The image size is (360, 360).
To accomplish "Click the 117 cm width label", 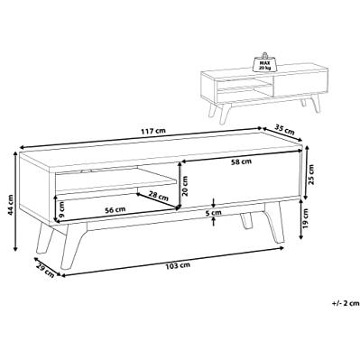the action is pos(152,131).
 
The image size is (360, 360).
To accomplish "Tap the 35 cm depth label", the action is pos(285,131).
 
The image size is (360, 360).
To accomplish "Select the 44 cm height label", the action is pos(10,205).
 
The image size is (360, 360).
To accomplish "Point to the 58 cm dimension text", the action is pos(241,162).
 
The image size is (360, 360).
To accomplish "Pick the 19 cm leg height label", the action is pos(306,217).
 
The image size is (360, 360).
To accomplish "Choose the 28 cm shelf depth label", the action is pos(159,196).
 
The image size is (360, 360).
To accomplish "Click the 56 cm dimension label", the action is pos(115,209).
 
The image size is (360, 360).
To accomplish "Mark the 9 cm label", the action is pos(62,208).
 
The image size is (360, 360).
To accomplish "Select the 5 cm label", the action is pos(213,213).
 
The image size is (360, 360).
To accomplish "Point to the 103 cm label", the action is pos(178,265).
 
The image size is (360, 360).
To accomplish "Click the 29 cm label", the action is pos(45,270).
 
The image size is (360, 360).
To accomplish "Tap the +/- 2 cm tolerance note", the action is pos(346,303).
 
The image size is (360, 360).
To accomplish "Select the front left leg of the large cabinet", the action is pos(71,246).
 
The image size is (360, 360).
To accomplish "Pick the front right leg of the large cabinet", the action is pos(274,222).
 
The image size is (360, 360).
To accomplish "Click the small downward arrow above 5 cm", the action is pos(213,203).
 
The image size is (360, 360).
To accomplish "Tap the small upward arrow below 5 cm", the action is pos(213,221).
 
